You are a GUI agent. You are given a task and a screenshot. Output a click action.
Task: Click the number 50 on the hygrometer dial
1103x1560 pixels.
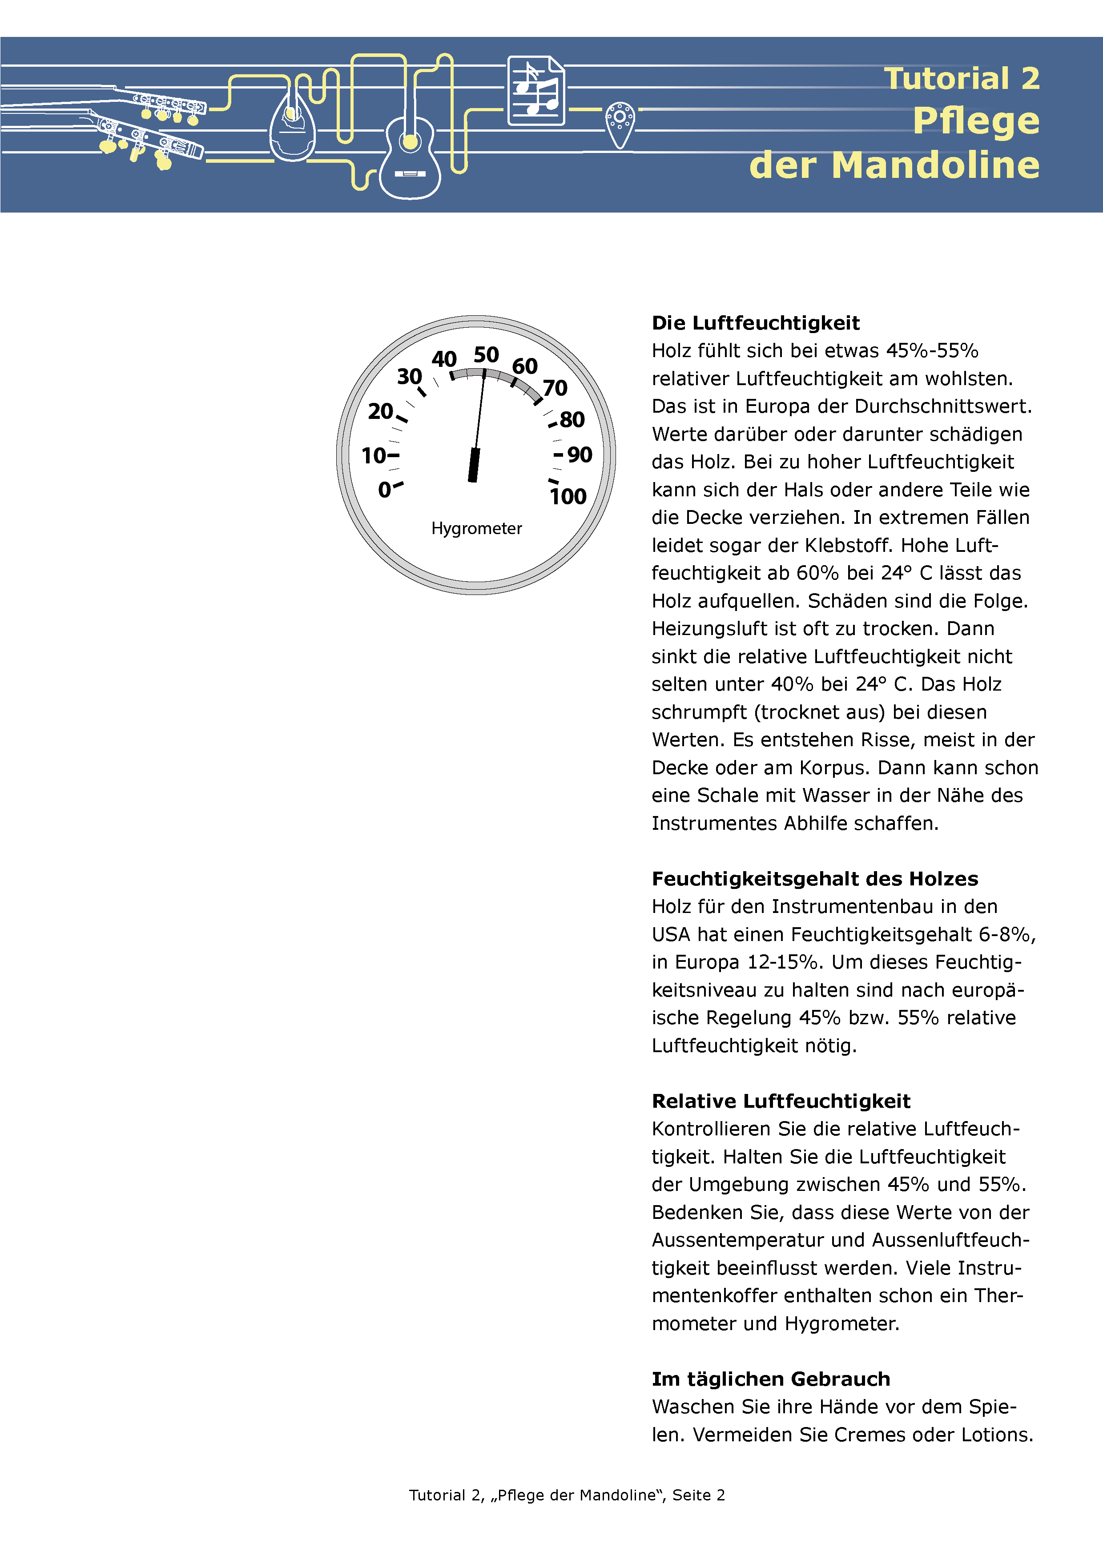[486, 355]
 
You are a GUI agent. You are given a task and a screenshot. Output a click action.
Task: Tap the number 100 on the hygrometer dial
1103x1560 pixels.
[568, 497]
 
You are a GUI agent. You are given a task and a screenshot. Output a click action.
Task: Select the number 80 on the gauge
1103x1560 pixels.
[572, 419]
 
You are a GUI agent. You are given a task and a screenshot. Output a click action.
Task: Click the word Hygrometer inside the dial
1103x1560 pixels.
[476, 529]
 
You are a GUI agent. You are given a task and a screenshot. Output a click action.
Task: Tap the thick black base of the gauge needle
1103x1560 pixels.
[474, 466]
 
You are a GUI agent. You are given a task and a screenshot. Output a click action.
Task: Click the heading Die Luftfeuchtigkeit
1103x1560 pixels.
[756, 323]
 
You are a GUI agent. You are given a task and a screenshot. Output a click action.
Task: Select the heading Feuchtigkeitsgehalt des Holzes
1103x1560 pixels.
[815, 879]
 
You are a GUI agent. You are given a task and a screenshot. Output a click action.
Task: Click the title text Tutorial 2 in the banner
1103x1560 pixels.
[962, 78]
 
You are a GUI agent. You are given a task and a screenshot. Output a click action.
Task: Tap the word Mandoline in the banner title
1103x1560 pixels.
[935, 165]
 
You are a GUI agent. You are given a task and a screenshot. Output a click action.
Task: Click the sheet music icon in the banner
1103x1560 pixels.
[535, 91]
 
